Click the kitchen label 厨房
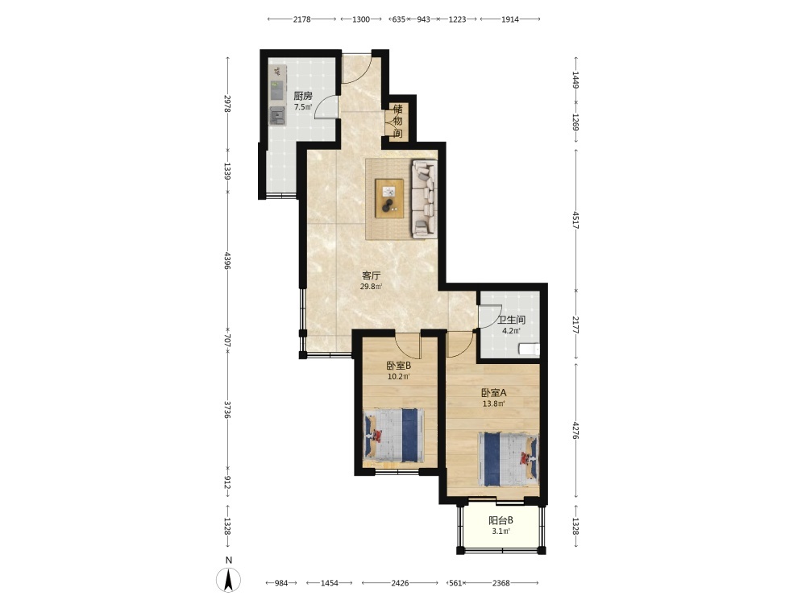pyautogui.click(x=303, y=96)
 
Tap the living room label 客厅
pyautogui.click(x=371, y=275)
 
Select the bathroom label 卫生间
pyautogui.click(x=511, y=320)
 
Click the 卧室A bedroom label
pyautogui.click(x=494, y=393)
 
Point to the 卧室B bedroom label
pyautogui.click(x=398, y=366)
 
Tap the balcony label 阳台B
pyautogui.click(x=501, y=520)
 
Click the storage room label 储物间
pyautogui.click(x=397, y=122)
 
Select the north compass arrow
pyautogui.click(x=229, y=579)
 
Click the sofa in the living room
pyautogui.click(x=424, y=199)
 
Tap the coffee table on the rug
pyautogui.click(x=389, y=198)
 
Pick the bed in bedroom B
pyautogui.click(x=394, y=436)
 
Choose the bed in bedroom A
pyautogui.click(x=509, y=459)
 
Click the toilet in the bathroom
pyautogui.click(x=529, y=350)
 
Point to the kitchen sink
pyautogui.click(x=277, y=115)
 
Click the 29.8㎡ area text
pyautogui.click(x=371, y=287)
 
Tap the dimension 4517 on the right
pyautogui.click(x=576, y=220)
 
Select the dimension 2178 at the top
pyautogui.click(x=301, y=19)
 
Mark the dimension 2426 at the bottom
pyautogui.click(x=400, y=583)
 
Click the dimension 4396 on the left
pyautogui.click(x=228, y=260)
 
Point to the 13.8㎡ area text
pyautogui.click(x=493, y=403)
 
